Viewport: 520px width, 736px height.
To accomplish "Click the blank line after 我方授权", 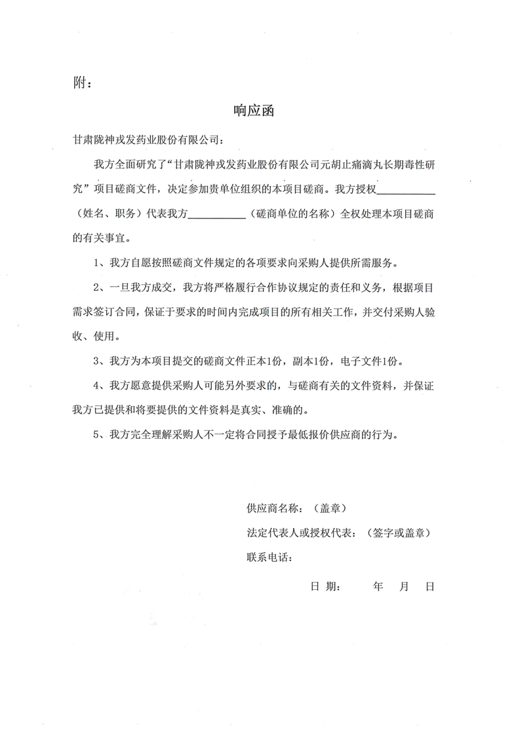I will coord(407,192).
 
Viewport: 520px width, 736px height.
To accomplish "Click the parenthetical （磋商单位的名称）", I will coord(290,214).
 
